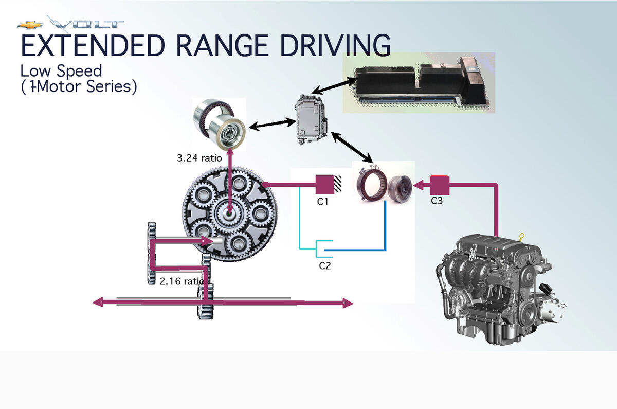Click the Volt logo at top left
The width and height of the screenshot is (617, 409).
pyautogui.click(x=71, y=24)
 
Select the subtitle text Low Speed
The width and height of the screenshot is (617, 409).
pyautogui.click(x=61, y=71)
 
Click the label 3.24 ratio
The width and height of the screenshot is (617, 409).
pyautogui.click(x=199, y=158)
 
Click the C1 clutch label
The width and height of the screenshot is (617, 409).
pyautogui.click(x=322, y=202)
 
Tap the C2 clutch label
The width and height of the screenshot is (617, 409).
pyautogui.click(x=324, y=266)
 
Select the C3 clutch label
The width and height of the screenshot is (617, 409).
pyautogui.click(x=437, y=201)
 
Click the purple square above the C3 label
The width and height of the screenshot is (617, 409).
pyautogui.click(x=440, y=185)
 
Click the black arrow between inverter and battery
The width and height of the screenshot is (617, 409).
pyautogui.click(x=334, y=85)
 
